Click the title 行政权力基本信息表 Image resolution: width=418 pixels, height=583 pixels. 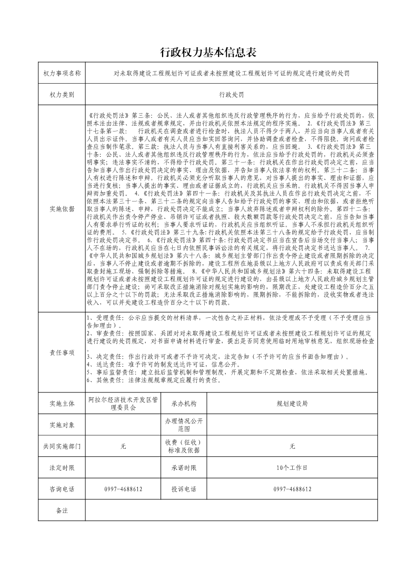(208, 52)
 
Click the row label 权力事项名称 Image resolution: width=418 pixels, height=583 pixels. (62, 73)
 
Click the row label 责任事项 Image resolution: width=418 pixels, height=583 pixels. (62, 352)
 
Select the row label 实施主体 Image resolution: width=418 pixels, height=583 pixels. (62, 404)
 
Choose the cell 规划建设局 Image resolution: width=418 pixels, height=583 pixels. (292, 404)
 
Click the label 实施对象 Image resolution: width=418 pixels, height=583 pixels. (62, 425)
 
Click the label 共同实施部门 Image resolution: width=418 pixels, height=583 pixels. (62, 446)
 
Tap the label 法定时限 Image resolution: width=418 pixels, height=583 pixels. (62, 467)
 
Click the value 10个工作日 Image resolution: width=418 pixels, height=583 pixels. (292, 467)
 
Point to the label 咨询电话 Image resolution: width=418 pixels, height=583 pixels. (62, 489)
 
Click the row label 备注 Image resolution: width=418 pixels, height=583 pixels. (62, 510)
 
